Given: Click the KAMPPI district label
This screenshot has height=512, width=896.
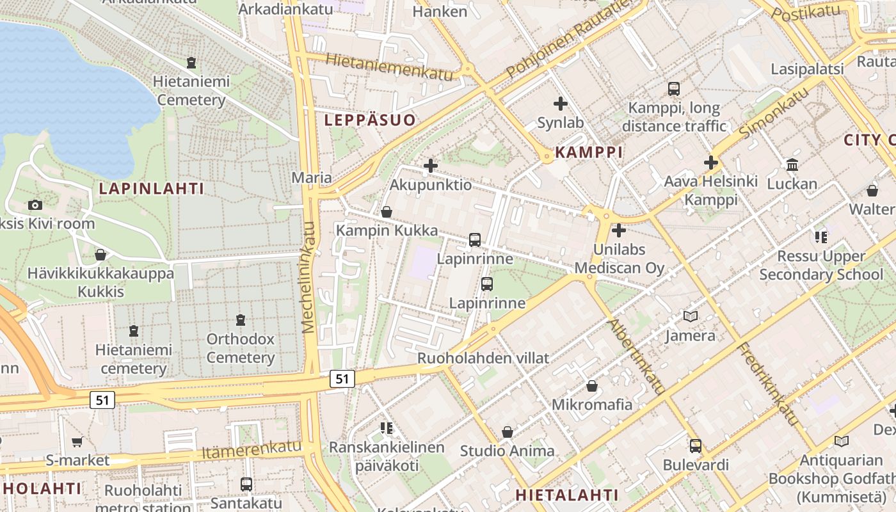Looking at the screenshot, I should pos(588,152).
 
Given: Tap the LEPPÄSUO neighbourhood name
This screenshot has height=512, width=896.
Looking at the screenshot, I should pos(369,120).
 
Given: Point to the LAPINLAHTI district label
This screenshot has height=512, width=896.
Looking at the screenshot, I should pos(152,188).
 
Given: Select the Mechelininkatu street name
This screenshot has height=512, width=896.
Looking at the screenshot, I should pos(309,277).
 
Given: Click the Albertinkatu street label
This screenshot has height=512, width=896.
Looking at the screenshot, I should pos(636,355).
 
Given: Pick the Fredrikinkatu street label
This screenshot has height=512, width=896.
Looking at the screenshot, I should pos(768,385).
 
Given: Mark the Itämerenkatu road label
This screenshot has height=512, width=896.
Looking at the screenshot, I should pos(251,449).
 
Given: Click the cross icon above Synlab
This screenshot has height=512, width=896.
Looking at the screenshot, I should pos(561,103).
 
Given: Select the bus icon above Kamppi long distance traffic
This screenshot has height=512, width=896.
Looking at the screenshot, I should pos(673,89).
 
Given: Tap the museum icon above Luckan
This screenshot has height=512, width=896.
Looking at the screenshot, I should pos(792,164).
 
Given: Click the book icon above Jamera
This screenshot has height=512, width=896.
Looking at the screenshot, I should pos(690,316).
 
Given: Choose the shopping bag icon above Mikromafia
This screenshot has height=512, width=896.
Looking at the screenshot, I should pos(592,386).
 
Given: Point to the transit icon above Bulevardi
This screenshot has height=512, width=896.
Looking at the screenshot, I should pos(695,445).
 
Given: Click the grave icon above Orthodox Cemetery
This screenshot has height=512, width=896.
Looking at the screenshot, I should pos(241,319).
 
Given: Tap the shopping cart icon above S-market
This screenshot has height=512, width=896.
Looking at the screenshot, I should pos(77,442).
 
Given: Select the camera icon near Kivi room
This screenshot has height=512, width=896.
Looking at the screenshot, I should pos(35,205).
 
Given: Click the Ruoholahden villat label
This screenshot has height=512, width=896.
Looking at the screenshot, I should pos(483,358).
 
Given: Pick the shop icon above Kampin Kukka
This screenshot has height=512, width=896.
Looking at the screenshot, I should pos(387,211).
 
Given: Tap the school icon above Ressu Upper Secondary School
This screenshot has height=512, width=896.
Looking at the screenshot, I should pos(821,237).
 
